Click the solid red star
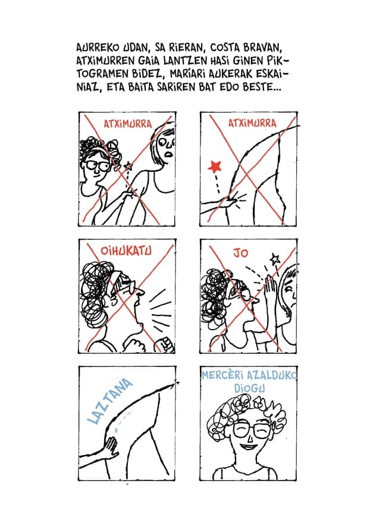[215, 167]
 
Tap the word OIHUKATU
[126, 251]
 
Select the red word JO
[240, 253]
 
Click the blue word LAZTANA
[109, 401]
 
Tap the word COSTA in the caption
[225, 48]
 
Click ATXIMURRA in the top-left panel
[127, 124]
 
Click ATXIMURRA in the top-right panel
[252, 123]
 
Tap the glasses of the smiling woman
[250, 429]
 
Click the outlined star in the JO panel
[275, 259]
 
